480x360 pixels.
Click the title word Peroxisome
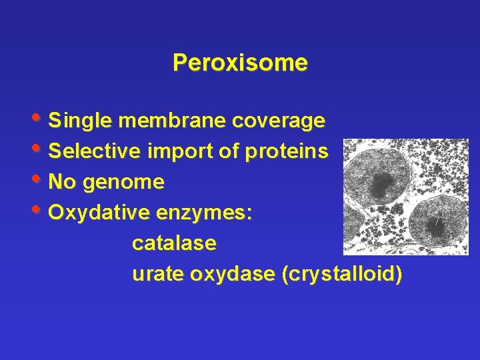coord(240,63)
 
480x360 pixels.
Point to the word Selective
coord(95,151)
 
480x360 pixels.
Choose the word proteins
coord(287,151)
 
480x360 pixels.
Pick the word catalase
coord(174,243)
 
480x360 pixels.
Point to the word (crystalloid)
coord(342,274)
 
